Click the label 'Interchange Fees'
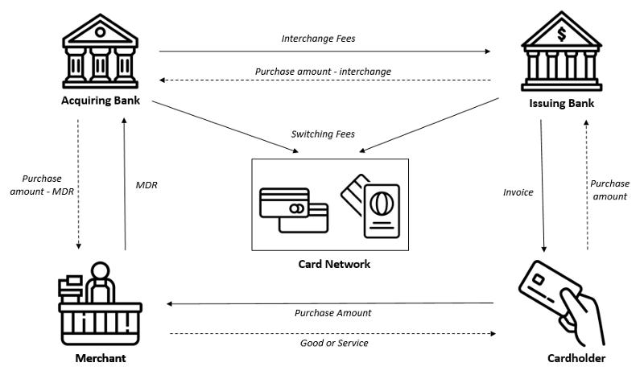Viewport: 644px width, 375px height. click(319, 38)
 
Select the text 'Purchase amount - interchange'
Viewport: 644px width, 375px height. click(323, 72)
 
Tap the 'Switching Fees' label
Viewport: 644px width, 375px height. click(322, 134)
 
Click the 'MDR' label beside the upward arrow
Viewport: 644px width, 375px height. click(146, 184)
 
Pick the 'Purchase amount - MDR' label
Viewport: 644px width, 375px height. click(42, 186)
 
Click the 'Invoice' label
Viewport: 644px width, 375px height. click(518, 192)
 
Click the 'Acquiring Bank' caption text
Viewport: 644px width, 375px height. click(101, 101)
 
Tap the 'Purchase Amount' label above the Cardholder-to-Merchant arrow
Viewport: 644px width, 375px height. click(332, 313)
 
